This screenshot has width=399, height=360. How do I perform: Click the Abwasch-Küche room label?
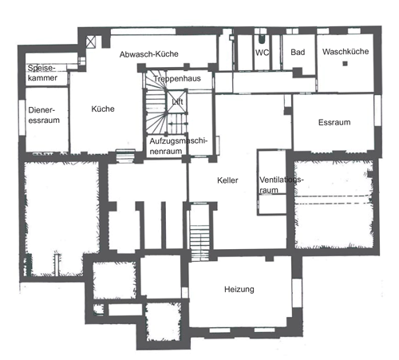pyautogui.click(x=149, y=54)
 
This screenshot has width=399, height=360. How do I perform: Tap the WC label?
pyautogui.click(x=262, y=53)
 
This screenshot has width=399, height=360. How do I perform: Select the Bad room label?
pyautogui.click(x=298, y=52)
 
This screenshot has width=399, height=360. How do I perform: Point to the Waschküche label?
pyautogui.click(x=346, y=51)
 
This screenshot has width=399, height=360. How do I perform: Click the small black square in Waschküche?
pyautogui.click(x=345, y=64)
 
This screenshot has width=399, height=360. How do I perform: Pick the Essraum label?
pyautogui.click(x=334, y=122)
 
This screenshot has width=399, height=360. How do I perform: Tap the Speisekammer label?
pyautogui.click(x=42, y=73)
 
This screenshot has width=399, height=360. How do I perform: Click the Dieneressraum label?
pyautogui.click(x=44, y=115)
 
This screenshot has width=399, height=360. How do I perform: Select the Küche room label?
pyautogui.click(x=103, y=109)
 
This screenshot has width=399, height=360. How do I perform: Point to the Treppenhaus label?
pyautogui.click(x=177, y=78)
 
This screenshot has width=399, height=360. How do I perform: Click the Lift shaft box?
pyautogui.click(x=177, y=101)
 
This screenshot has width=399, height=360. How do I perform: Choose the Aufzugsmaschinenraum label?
pyautogui.click(x=178, y=146)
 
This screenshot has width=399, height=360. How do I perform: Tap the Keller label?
pyautogui.click(x=227, y=180)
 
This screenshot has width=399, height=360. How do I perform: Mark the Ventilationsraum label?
pyautogui.click(x=281, y=185)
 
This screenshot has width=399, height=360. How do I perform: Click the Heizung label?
pyautogui.click(x=239, y=289)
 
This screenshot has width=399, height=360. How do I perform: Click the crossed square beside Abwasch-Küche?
pyautogui.click(x=90, y=42)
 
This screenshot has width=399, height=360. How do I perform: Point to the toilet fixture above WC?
pyautogui.click(x=262, y=39)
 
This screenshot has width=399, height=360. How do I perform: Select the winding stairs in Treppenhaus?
pyautogui.click(x=156, y=101)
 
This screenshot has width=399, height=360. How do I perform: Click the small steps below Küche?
pyautogui.click(x=125, y=156)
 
